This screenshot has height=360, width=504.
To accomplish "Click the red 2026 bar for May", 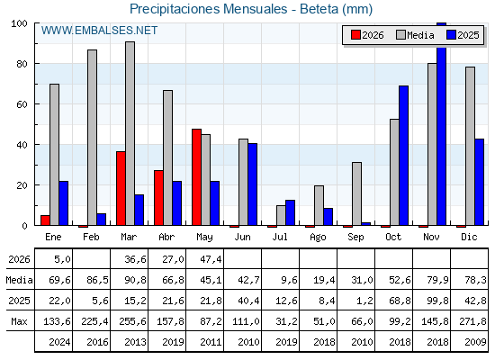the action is pos(196,177).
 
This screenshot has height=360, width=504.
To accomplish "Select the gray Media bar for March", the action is pos(130,133).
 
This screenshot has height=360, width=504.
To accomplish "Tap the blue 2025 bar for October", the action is pos(403,156).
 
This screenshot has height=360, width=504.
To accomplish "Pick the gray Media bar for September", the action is pos(356,193).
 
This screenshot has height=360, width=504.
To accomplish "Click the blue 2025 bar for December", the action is pos(479,182).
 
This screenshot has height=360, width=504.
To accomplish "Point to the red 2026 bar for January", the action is pos(45,220).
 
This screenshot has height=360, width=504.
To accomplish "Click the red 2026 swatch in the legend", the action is pos(355,35).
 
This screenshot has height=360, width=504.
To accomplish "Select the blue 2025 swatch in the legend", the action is pos(451,35).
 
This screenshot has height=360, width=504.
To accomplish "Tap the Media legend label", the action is pos(420,35).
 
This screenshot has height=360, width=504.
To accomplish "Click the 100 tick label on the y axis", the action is pos(19,23).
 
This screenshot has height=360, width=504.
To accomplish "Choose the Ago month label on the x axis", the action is pos(318,238).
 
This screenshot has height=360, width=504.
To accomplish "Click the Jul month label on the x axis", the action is pos(280,237).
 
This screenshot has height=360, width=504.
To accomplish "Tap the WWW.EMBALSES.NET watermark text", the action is pos(99,31).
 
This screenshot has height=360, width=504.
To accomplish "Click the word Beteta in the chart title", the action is pos(319,9).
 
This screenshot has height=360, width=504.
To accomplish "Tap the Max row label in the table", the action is pos(19,321).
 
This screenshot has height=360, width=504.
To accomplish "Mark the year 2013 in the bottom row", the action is pos(135,342).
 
